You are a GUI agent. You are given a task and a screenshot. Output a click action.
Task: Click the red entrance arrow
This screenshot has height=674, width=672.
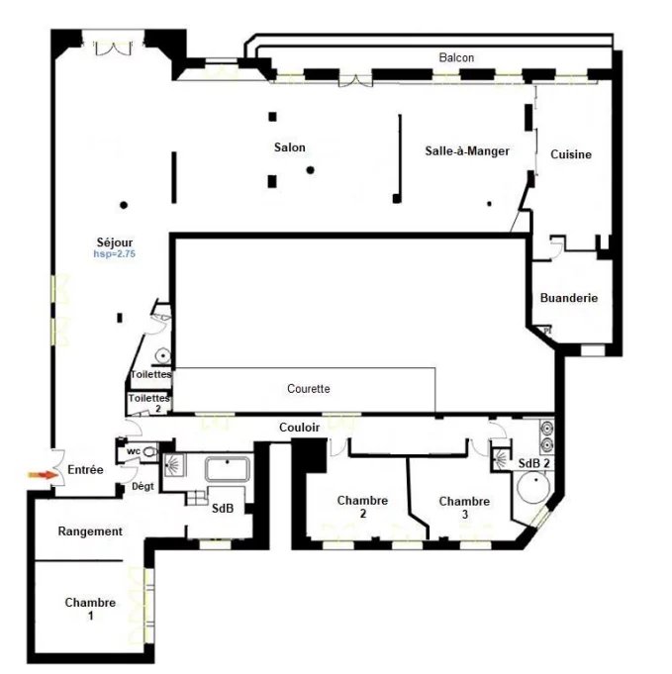[43, 475]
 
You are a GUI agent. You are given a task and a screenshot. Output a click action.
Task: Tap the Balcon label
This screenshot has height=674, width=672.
[456, 57]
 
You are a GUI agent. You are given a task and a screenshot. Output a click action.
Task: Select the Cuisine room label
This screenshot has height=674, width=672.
[571, 154]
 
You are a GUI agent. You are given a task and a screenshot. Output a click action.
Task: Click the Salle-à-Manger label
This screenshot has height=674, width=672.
[467, 150]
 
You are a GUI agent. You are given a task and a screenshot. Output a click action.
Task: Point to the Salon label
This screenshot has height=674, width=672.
[290, 147]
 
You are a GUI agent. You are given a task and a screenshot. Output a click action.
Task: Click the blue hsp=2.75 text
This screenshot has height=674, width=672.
[115, 254]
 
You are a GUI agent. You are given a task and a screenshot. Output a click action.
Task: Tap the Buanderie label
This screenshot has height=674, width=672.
[569, 298]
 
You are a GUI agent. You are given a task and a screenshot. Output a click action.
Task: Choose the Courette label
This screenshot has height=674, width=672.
[309, 389]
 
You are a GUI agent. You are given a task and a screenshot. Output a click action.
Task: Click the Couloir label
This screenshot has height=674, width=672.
[299, 428]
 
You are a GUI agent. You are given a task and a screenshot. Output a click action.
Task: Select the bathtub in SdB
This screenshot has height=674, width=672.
[228, 469]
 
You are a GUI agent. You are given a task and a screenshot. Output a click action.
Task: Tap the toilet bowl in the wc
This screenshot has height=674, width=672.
[149, 451]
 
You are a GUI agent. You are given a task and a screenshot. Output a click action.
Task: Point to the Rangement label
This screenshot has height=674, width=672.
[90, 531]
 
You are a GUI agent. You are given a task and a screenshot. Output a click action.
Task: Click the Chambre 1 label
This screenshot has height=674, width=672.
[90, 609]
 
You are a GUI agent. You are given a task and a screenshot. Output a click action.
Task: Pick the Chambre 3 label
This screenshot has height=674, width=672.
[464, 508]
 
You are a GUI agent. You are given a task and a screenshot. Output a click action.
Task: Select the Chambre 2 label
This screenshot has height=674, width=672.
[362, 507]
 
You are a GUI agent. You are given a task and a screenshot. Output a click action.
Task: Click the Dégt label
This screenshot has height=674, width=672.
[143, 487]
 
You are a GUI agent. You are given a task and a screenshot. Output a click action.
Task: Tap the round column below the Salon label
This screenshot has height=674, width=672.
[310, 170]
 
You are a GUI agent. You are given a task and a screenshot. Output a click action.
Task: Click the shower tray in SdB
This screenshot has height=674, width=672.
[175, 465]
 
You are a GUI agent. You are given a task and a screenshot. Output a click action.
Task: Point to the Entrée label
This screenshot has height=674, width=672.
[85, 469]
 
